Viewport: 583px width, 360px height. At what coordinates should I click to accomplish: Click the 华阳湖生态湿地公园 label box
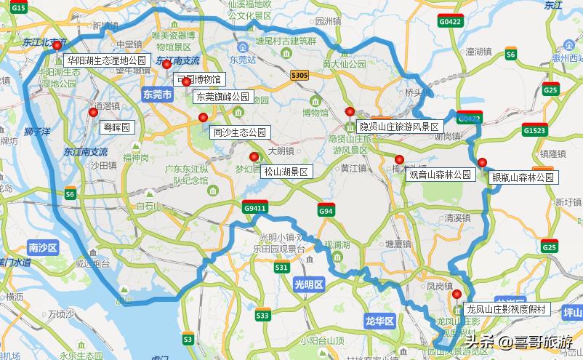tap(107, 60)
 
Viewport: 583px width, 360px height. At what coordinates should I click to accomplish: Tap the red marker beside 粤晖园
tap(93, 112)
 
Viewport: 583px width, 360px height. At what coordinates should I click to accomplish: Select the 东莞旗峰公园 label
tap(222, 97)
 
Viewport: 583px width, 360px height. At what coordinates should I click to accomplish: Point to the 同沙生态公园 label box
tap(240, 132)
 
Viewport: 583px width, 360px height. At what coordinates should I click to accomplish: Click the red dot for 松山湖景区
tap(254, 156)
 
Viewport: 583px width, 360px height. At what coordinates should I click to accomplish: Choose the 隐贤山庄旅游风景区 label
tap(399, 127)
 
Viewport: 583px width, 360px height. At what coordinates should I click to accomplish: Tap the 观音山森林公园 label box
tap(441, 175)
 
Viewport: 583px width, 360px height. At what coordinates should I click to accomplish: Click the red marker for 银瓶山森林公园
tap(482, 162)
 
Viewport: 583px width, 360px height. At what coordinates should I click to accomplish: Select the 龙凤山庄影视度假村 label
tap(507, 309)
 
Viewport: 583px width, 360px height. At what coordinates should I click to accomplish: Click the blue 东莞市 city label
tap(157, 95)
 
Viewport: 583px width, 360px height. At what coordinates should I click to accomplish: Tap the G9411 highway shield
tap(255, 208)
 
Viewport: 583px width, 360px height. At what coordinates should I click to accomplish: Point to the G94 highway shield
tap(325, 211)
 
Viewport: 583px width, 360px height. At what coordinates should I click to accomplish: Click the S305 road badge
tap(299, 76)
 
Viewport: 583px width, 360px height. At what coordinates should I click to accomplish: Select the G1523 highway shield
tap(534, 131)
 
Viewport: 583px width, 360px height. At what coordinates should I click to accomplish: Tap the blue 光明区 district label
tap(307, 285)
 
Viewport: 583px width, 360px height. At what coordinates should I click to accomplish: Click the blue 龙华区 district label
tap(379, 320)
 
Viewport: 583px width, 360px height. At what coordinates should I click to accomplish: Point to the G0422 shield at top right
tap(451, 23)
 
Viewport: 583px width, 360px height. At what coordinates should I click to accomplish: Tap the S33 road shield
tap(262, 315)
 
